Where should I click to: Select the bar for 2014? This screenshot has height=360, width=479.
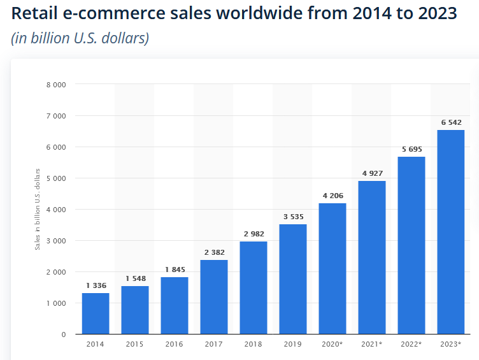point(96,313)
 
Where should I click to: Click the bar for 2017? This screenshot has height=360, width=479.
point(213,297)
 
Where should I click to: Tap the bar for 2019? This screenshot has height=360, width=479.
point(292,279)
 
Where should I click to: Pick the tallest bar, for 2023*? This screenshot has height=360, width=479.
point(450,232)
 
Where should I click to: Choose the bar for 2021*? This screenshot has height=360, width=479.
point(371,257)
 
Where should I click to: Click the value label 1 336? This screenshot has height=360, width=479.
point(96,285)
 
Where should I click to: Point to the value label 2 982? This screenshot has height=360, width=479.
point(253,234)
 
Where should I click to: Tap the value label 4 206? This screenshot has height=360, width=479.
point(332,196)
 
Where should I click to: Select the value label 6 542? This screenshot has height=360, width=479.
point(450,122)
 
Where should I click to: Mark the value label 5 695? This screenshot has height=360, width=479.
point(411,149)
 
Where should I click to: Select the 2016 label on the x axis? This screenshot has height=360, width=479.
point(174,344)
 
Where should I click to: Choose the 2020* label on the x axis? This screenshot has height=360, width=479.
point(332,344)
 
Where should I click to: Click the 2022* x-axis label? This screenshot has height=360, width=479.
point(411,344)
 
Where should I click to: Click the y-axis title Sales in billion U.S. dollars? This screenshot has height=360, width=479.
point(38,208)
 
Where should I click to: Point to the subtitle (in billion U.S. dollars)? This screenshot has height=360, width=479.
point(80,38)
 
